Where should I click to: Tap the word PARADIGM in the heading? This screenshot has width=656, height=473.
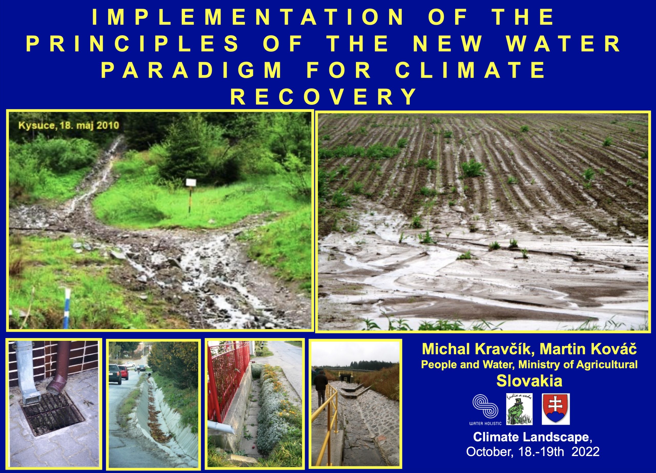192,71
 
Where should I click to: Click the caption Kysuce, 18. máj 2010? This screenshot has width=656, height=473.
69,125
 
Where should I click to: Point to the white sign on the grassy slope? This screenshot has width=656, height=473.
191,182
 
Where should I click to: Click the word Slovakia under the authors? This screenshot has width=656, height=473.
529,381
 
